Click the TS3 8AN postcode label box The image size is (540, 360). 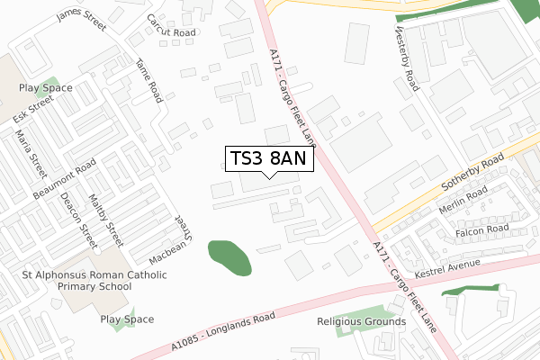point(269,158)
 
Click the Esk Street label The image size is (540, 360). point(34,110)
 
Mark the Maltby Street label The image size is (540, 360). point(107,220)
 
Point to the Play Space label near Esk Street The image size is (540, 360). point(46,88)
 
